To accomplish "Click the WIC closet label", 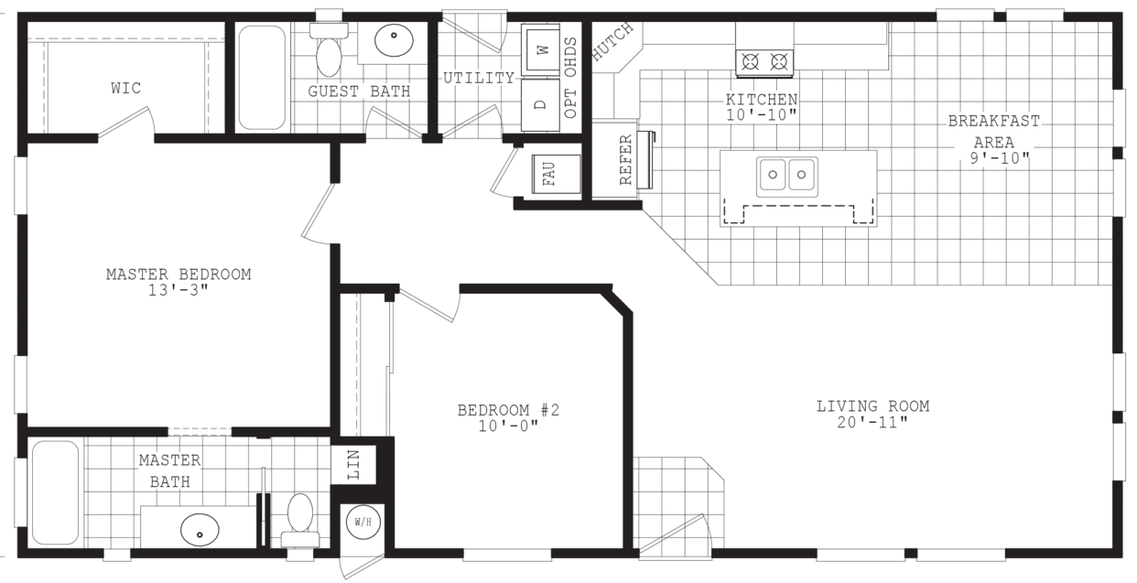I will click(x=126, y=89).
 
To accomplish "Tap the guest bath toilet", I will click(x=328, y=50).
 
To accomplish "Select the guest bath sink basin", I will click(x=394, y=41).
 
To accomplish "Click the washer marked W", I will click(x=541, y=49).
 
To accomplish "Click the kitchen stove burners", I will click(x=764, y=62).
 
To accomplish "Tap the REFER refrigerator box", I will click(x=626, y=160).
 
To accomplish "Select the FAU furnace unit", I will click(x=550, y=173).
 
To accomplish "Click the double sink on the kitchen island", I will click(x=786, y=173).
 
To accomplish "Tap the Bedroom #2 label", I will click(x=508, y=410).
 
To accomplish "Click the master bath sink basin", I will click(x=200, y=528).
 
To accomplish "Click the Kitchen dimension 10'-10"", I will click(x=762, y=114).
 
